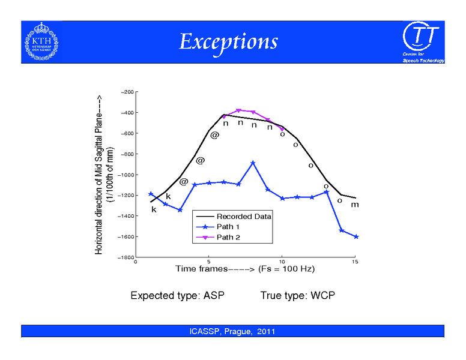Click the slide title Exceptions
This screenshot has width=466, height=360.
pyautogui.click(x=228, y=41)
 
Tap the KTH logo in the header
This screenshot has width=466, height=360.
pyautogui.click(x=41, y=41)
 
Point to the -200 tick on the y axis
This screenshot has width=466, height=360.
pyautogui.click(x=127, y=92)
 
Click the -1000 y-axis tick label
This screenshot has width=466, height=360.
pyautogui.click(x=126, y=175)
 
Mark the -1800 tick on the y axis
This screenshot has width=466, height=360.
pyautogui.click(x=126, y=257)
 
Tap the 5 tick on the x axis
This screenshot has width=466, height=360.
pyautogui.click(x=209, y=262)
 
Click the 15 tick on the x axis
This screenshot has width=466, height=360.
pyautogui.click(x=355, y=262)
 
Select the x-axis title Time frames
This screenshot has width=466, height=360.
pyautogui.click(x=244, y=269)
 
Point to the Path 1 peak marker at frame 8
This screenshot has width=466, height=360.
pyautogui.click(x=253, y=163)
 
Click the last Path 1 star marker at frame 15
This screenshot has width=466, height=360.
pyautogui.click(x=356, y=237)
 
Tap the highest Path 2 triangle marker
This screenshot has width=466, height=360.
pyautogui.click(x=238, y=110)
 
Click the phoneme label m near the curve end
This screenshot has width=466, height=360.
pyautogui.click(x=355, y=205)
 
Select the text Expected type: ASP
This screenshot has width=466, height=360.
pyautogui.click(x=169, y=296)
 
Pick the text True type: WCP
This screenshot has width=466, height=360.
pyautogui.click(x=297, y=296)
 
